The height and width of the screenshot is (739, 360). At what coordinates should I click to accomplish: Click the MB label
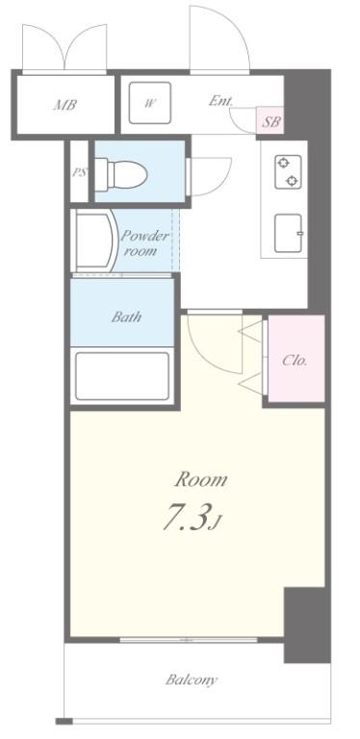coord(65,104)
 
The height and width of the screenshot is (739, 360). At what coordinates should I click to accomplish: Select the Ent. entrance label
coord(219,100)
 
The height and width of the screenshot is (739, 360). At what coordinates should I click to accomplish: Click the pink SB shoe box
coord(271,120)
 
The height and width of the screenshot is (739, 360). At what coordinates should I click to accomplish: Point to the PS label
coord(79,173)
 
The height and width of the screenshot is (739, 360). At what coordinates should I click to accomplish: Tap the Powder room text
coord(144,243)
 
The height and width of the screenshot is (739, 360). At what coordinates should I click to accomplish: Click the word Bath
coord(127,316)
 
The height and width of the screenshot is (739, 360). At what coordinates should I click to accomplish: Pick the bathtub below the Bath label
coord(122,376)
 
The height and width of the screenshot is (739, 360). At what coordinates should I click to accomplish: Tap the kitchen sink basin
coord(290,232)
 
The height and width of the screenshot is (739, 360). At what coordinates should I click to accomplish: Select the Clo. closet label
coord(295,361)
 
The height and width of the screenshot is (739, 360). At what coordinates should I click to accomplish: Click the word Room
coord(200,478)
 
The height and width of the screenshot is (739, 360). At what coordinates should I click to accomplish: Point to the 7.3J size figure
coord(193,520)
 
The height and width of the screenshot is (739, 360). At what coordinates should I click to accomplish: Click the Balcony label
coord(192,680)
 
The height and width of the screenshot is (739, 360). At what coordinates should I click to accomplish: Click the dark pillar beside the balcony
coord(306,625)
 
